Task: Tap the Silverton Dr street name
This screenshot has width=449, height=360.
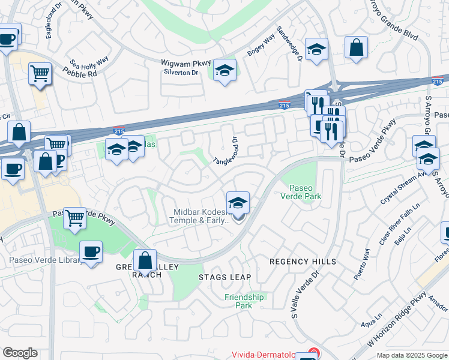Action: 181,72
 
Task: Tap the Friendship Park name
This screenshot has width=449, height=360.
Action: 244,301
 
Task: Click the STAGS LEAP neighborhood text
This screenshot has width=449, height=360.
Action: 224,277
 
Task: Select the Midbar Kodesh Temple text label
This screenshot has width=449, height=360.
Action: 202,216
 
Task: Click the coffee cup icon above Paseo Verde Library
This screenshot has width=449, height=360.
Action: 91,252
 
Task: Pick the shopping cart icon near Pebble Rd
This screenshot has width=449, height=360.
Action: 40,74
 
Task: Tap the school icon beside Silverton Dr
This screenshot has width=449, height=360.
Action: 224,71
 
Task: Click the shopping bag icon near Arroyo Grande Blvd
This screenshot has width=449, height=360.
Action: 356,47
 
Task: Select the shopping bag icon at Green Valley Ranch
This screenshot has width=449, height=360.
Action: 145,261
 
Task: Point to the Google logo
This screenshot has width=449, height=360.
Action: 20,353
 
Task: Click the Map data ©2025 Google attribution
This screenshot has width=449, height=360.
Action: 411,355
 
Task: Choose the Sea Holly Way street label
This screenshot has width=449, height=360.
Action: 89,62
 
